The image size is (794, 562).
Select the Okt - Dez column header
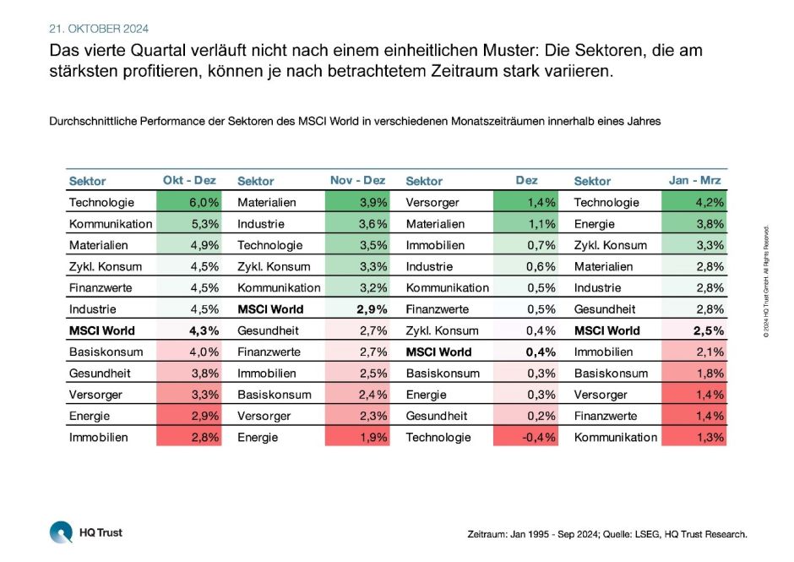(x=189, y=180)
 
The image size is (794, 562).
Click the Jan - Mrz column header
(x=695, y=180)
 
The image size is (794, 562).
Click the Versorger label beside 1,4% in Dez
(x=432, y=203)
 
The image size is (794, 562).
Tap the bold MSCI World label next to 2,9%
(x=270, y=309)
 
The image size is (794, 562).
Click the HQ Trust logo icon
(x=62, y=533)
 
